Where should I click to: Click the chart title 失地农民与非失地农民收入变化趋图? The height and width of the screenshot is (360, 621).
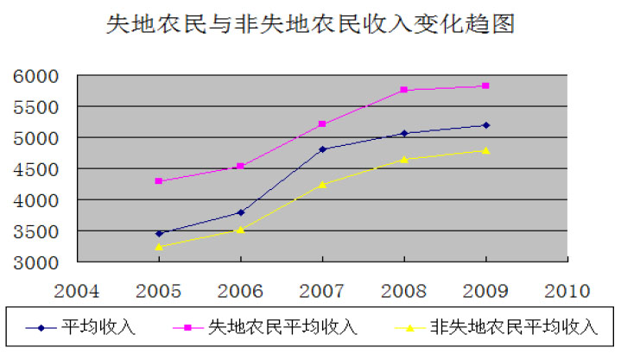point(310,24)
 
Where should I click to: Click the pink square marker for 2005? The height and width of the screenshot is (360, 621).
point(158,181)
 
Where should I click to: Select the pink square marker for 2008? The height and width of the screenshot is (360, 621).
point(404,90)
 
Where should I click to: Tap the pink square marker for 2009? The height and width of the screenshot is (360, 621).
point(486,85)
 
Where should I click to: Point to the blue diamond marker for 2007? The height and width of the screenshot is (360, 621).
point(322,149)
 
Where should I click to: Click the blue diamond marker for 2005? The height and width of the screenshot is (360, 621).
point(158,233)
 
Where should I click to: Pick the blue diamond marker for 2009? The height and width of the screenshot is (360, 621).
point(486,125)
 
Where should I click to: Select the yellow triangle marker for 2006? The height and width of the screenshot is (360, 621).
point(240,229)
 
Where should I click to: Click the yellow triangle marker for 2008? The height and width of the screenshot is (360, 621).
point(404,159)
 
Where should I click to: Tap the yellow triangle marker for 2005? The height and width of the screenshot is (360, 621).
point(158,246)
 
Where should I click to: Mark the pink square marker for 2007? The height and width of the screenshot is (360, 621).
point(322,124)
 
